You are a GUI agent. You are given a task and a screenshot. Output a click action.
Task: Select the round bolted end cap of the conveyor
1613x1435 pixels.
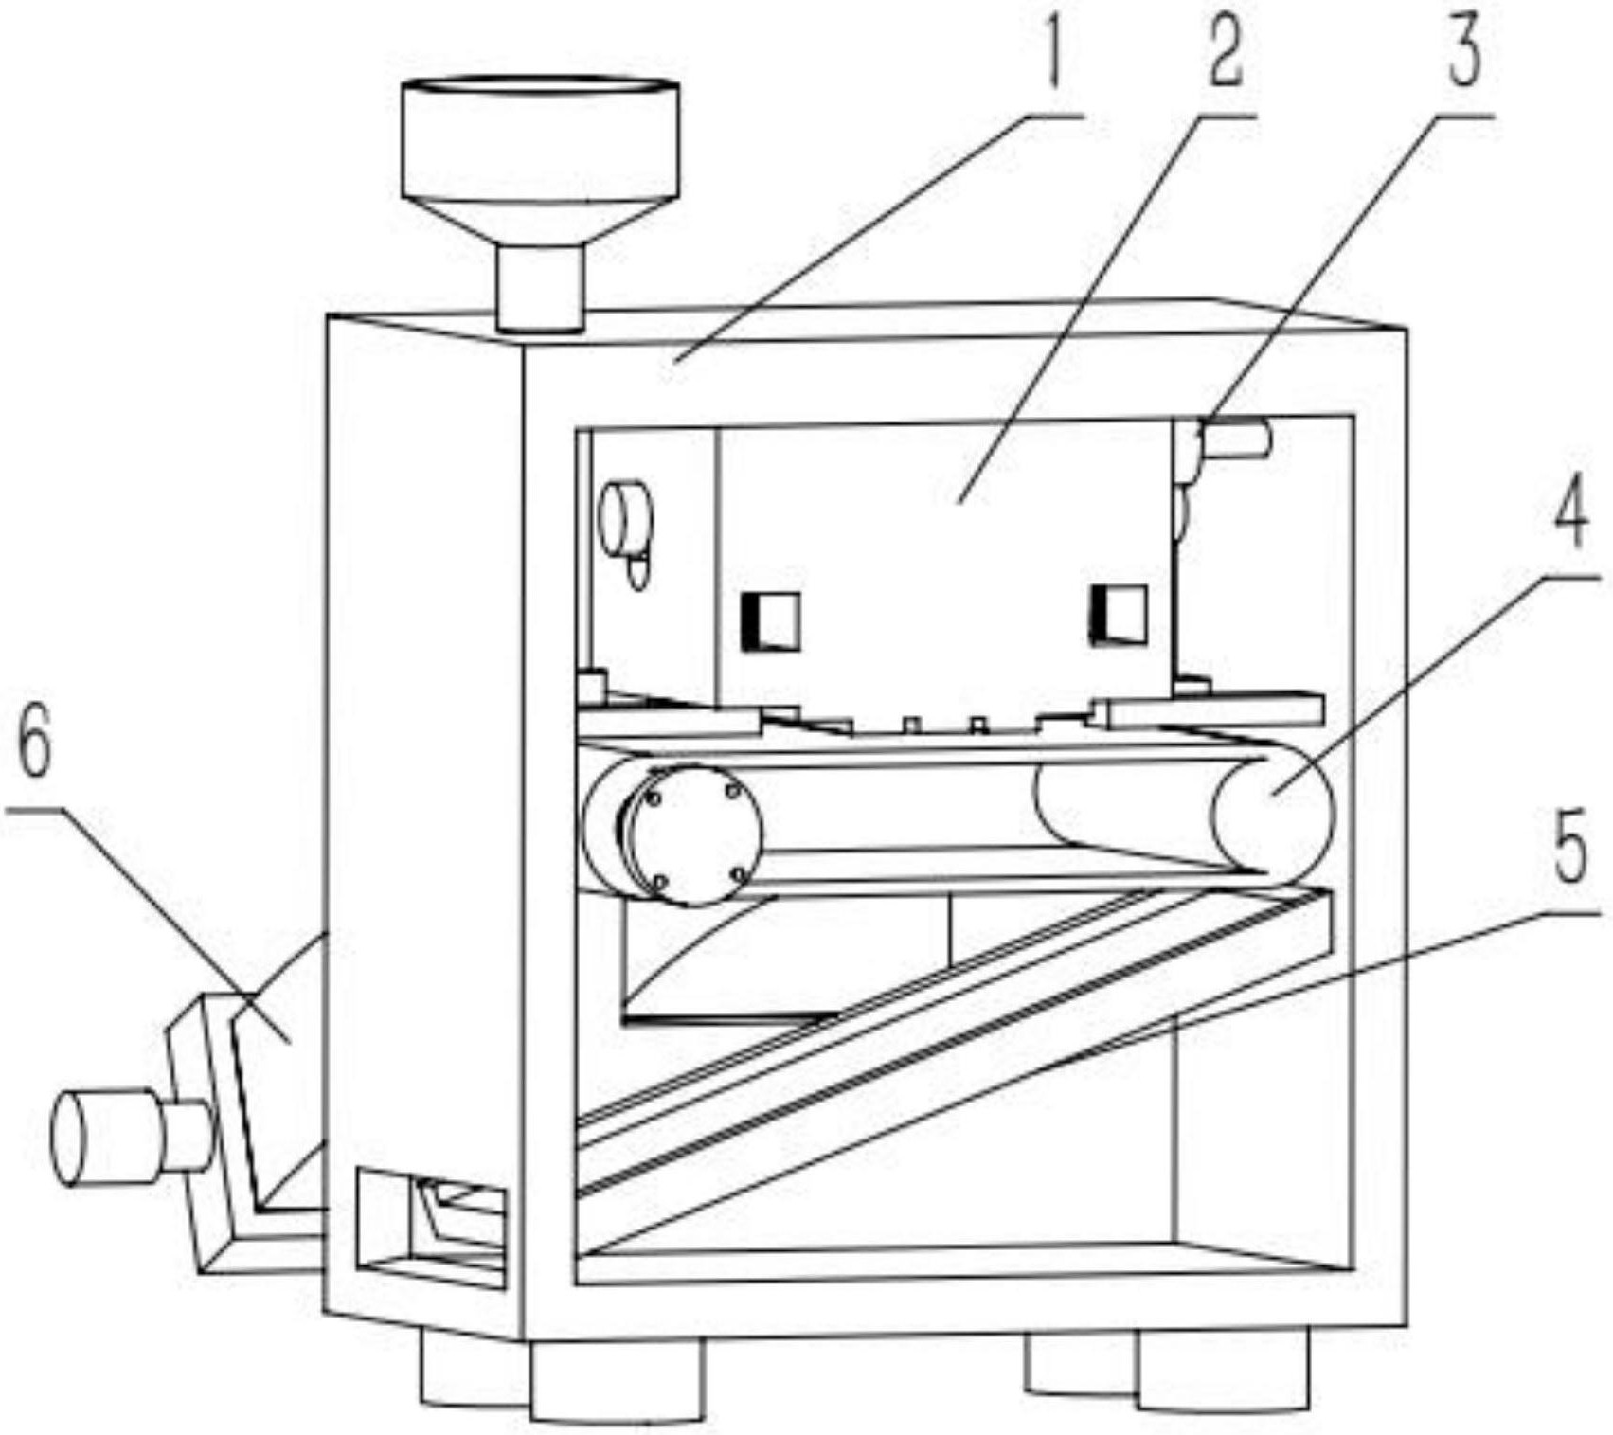click(x=695, y=835)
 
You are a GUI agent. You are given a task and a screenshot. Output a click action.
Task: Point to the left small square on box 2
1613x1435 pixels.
click(x=771, y=620)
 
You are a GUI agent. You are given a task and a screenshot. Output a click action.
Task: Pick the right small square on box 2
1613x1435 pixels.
click(x=1119, y=615)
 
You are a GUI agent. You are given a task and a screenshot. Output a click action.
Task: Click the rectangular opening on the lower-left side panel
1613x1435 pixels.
click(x=431, y=1228)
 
